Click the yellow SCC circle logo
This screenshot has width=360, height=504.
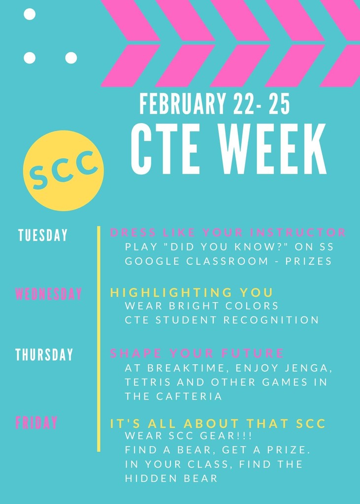click(64, 170)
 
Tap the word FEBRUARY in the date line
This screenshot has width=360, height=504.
click(182, 104)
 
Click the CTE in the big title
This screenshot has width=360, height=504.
click(164, 149)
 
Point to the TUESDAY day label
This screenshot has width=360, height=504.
click(43, 235)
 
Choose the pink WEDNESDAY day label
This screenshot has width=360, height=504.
click(48, 294)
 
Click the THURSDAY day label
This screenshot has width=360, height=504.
click(44, 354)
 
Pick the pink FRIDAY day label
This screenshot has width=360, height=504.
click(36, 422)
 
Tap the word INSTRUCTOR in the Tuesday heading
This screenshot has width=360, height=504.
click(298, 232)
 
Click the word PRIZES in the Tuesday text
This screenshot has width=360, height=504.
click(308, 261)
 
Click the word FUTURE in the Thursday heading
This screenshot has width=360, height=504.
click(253, 353)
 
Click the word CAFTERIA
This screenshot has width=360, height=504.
click(190, 396)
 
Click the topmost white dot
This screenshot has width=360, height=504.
click(30, 14)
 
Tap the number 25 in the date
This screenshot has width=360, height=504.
click(279, 104)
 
